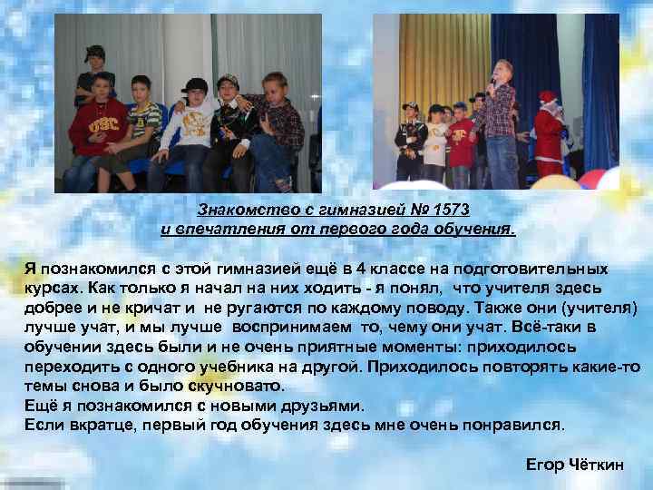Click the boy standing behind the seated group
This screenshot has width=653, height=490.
(x=93, y=73)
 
